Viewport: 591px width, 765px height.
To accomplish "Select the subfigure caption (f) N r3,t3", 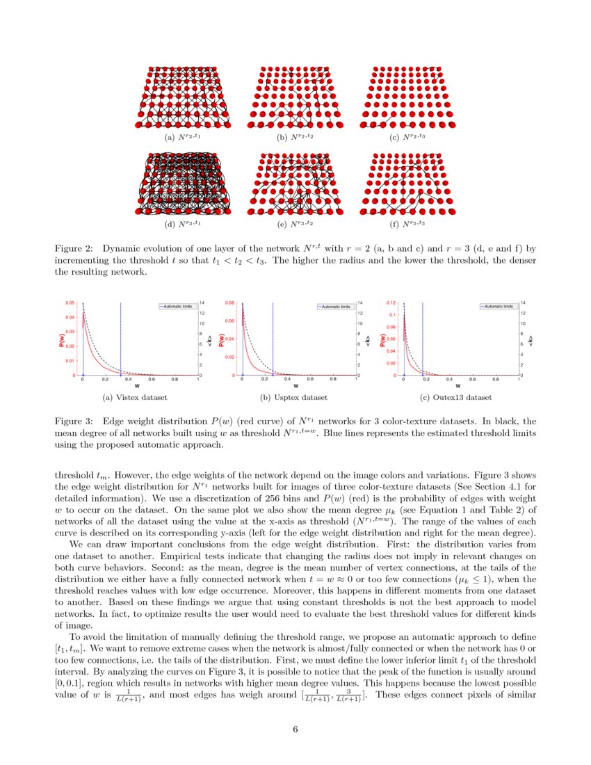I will tap(407, 224).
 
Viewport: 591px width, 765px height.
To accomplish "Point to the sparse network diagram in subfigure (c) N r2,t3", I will tap(407, 97).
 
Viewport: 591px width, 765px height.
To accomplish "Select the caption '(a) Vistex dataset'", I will tap(136, 398).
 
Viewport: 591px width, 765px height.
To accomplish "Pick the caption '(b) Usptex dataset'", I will tap(294, 398).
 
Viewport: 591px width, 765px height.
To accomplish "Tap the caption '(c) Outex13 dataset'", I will tap(456, 398).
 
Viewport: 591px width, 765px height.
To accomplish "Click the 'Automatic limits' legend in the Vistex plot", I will tap(178, 306).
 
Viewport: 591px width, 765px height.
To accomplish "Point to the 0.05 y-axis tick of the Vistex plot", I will tap(70, 303).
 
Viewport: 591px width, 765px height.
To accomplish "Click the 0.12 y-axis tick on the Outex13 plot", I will tap(391, 303).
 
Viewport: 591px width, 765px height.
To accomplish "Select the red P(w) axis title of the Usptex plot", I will tap(221, 339).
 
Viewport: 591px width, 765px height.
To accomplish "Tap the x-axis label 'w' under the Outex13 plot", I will tap(458, 385).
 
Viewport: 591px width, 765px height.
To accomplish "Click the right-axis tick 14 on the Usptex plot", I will tap(360, 303).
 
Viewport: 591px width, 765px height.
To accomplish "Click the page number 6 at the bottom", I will tap(295, 730).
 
